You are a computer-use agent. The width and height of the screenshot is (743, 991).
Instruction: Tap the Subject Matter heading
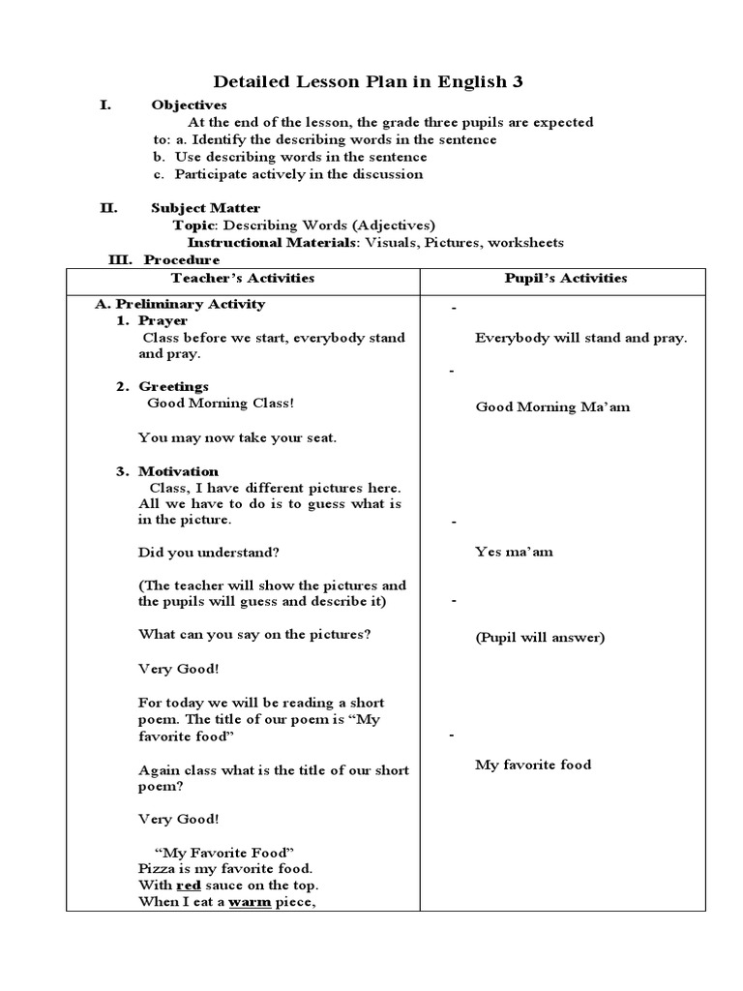coord(205,208)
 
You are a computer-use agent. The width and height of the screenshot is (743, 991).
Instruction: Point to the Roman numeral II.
coord(108,208)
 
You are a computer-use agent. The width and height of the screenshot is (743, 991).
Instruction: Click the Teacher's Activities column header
coord(242,278)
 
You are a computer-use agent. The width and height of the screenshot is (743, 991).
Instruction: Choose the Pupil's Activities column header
coord(566,278)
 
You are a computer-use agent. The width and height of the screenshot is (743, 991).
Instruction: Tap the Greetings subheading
coord(173,386)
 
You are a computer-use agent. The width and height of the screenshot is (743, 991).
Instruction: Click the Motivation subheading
coord(178,471)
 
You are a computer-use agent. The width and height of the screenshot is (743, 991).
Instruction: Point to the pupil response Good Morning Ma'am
coord(552,406)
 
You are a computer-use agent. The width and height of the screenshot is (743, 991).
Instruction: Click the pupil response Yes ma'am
coord(514,552)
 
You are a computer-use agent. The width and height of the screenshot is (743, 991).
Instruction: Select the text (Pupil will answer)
coord(540,637)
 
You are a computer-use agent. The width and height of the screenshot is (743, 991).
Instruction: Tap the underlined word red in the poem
coord(188,886)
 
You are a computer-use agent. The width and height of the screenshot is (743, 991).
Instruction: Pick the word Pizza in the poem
coord(157,869)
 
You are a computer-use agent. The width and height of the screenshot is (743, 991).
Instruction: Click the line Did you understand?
coord(209,553)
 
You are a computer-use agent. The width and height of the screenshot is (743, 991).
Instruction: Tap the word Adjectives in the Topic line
coord(392,225)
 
